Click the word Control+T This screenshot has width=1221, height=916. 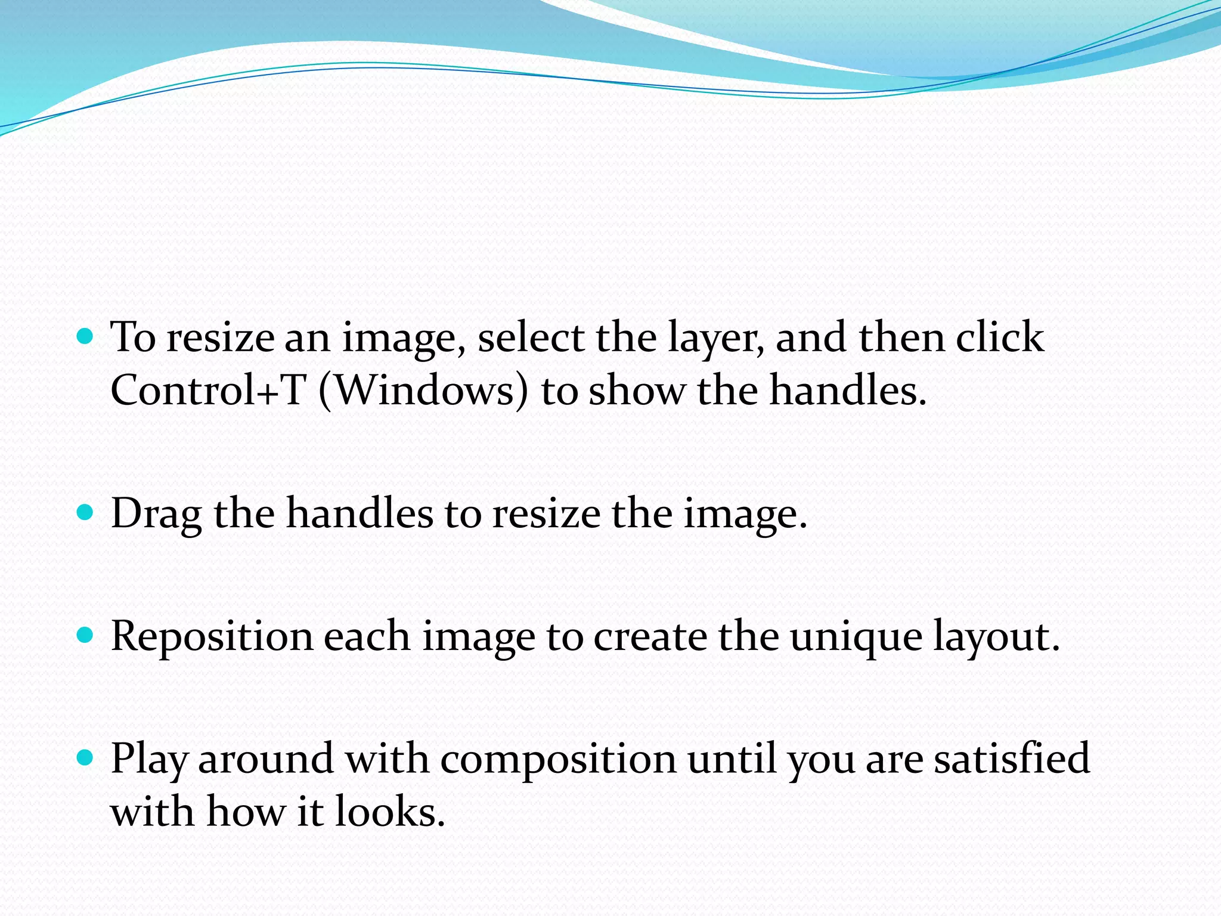point(208,391)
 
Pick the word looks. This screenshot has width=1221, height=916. point(390,812)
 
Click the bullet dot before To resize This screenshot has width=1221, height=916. point(86,337)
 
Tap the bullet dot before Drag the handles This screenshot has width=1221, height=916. point(86,512)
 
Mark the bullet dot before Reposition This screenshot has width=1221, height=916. point(86,635)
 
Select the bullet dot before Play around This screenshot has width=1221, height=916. point(86,758)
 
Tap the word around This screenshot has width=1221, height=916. point(265,759)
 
